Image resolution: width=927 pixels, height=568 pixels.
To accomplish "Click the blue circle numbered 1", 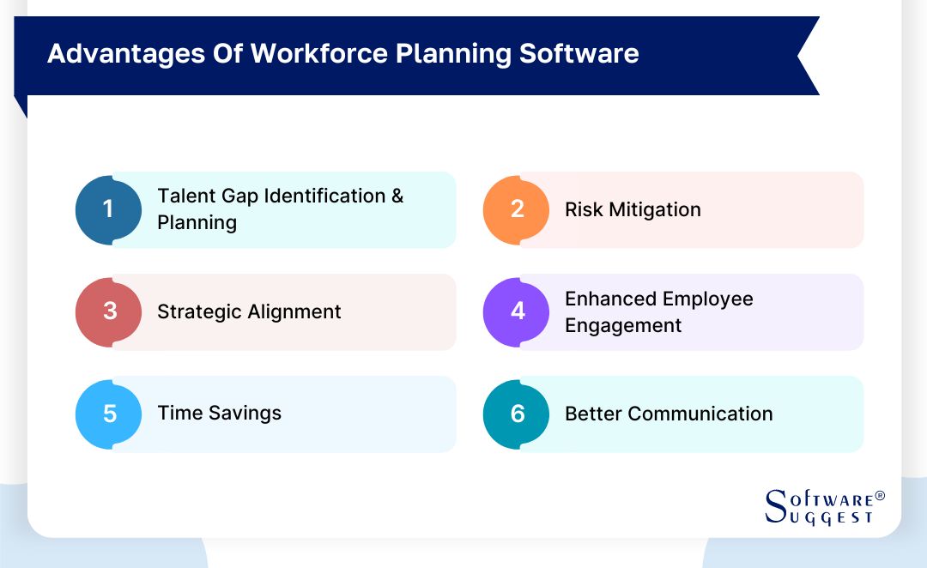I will pyautogui.click(x=108, y=209).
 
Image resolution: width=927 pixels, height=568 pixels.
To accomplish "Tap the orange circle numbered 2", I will pyautogui.click(x=517, y=209).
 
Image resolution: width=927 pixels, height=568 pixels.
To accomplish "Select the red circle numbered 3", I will pyautogui.click(x=109, y=311).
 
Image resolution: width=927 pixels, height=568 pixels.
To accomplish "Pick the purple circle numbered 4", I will pyautogui.click(x=517, y=311).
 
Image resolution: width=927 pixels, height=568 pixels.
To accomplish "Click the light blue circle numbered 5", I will pyautogui.click(x=109, y=414).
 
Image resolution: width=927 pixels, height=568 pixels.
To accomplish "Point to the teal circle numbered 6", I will pyautogui.click(x=517, y=414).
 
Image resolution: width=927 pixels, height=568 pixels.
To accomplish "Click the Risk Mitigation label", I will pyautogui.click(x=633, y=210).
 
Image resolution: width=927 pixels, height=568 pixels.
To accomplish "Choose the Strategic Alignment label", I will pyautogui.click(x=249, y=312).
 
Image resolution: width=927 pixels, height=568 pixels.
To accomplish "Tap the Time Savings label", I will pyautogui.click(x=219, y=414).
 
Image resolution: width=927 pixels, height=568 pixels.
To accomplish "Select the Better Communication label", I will pyautogui.click(x=669, y=414).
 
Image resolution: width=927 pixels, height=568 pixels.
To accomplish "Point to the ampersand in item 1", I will pyautogui.click(x=397, y=196).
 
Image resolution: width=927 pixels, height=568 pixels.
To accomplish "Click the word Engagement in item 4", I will pyautogui.click(x=623, y=326).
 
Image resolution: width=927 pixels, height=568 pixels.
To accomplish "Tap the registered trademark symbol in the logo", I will pyautogui.click(x=879, y=497).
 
